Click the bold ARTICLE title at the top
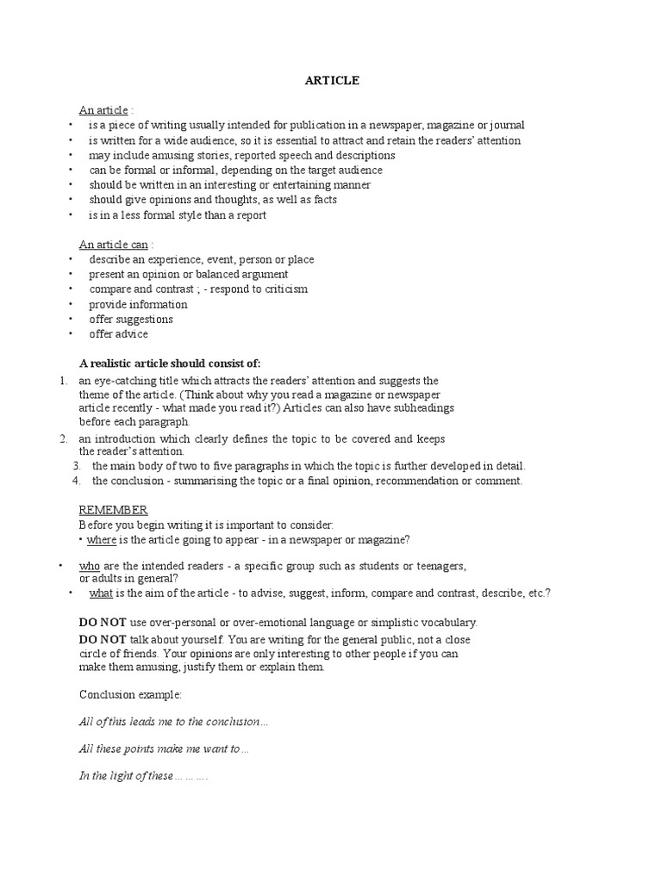point(332,80)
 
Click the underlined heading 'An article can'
point(114,245)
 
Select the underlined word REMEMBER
point(113,510)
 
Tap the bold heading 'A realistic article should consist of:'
point(169,363)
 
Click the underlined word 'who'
point(90,566)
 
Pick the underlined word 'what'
point(101,593)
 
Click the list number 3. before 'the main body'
point(77,466)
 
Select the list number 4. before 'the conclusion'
point(77,481)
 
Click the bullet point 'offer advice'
point(118,334)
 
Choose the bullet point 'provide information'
point(138,304)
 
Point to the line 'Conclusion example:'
point(130,694)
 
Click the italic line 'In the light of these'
point(143,776)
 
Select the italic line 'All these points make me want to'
point(163,749)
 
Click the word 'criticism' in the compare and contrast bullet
point(281,289)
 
